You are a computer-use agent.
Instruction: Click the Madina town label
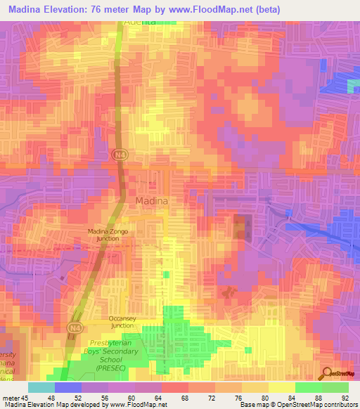[x=151, y=201]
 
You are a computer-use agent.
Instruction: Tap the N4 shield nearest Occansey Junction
[x=75, y=327]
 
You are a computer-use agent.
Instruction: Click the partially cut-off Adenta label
[x=139, y=22]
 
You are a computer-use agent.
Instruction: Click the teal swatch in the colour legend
[x=41, y=387]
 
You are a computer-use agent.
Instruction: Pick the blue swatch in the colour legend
[x=67, y=387]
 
